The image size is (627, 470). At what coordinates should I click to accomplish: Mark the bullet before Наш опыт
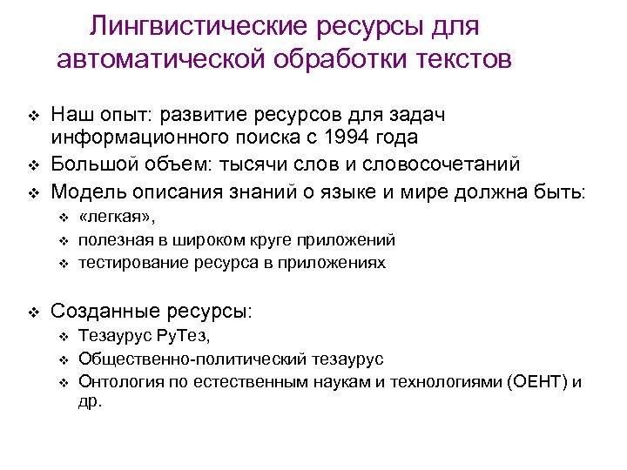pyautogui.click(x=33, y=116)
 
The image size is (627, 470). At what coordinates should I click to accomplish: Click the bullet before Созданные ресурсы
pyautogui.click(x=33, y=311)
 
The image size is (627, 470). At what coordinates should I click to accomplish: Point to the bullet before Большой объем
pyautogui.click(x=33, y=164)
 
